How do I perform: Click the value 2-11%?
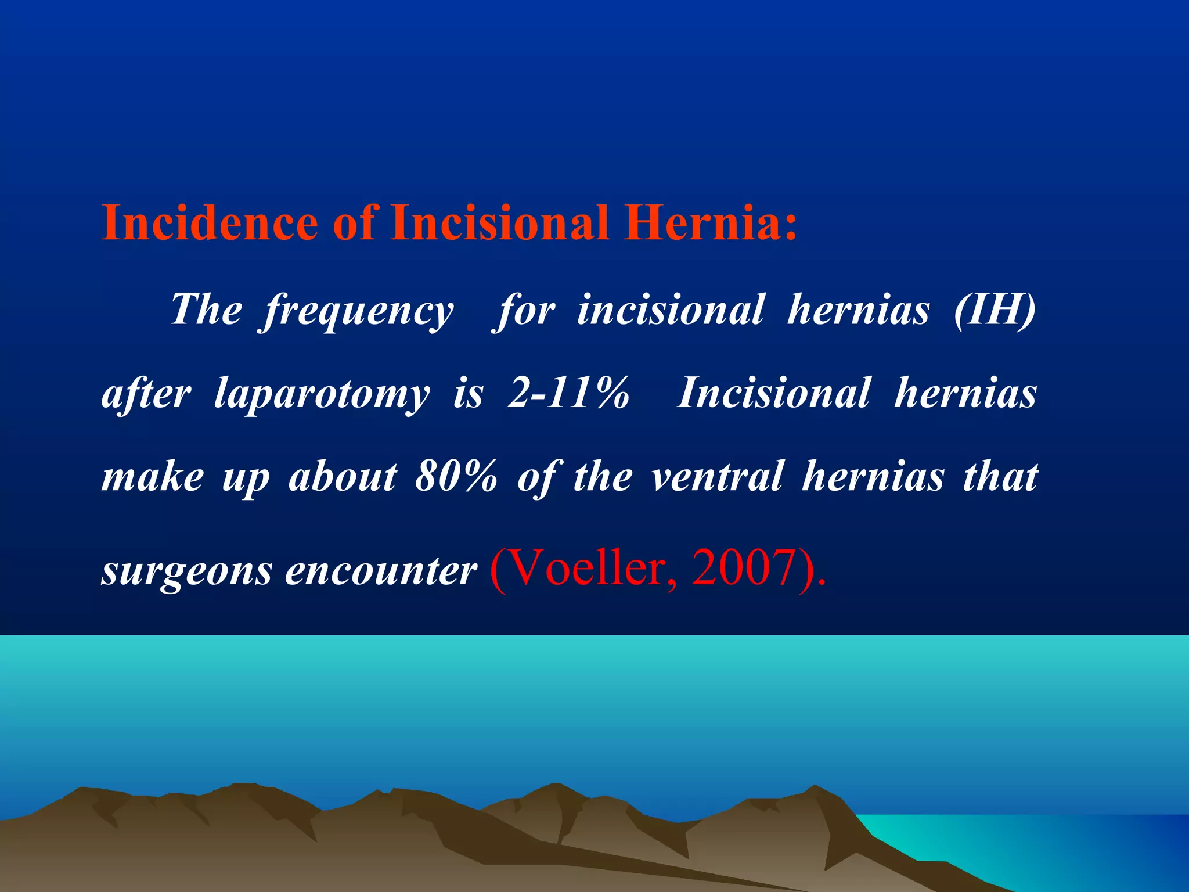568,393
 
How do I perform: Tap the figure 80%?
456,477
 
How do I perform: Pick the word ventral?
718,477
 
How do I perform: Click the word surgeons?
186,572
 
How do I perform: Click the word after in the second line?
146,393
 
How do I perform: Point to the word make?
152,477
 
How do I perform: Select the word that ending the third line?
1000,477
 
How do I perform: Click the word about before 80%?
343,477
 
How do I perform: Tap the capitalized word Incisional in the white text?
774,393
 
